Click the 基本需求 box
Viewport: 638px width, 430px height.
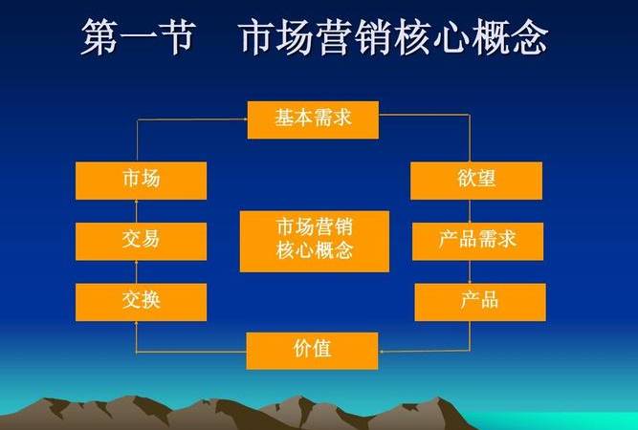[x=313, y=120]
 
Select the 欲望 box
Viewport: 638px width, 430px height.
[x=476, y=181]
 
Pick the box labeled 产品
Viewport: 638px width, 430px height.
[x=478, y=301]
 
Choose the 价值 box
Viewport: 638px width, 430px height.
[x=312, y=350]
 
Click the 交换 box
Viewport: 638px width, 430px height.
[x=141, y=301]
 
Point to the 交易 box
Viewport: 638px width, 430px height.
[x=141, y=241]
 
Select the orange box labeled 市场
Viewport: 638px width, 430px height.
[x=141, y=181]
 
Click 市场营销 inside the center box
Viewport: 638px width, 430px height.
[x=314, y=227]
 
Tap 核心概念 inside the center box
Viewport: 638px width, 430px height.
[x=314, y=252]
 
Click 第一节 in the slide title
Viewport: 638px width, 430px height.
[x=136, y=37]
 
